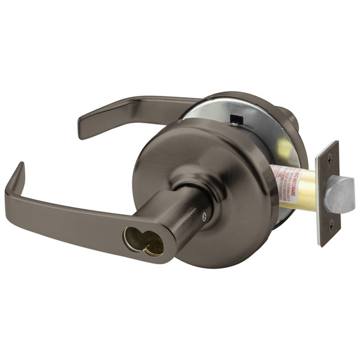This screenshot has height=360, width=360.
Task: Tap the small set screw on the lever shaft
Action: click(x=204, y=215)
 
